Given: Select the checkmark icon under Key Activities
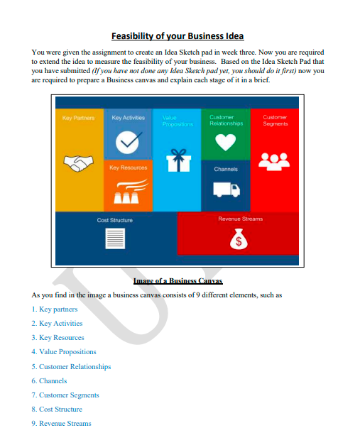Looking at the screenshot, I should (129, 143).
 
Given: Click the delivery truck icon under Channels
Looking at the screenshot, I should (226, 189).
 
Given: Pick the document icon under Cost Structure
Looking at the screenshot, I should (115, 242).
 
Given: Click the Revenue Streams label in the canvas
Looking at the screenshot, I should (240, 219).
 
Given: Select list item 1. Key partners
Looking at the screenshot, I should (55, 309).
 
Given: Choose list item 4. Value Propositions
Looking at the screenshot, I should (64, 351).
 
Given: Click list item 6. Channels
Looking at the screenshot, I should (49, 380).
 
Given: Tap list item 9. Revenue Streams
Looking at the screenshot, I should (61, 423).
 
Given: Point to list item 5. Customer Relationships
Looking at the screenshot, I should (71, 366).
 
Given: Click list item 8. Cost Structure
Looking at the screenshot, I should (57, 409).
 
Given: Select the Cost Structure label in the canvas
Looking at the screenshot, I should (115, 220).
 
